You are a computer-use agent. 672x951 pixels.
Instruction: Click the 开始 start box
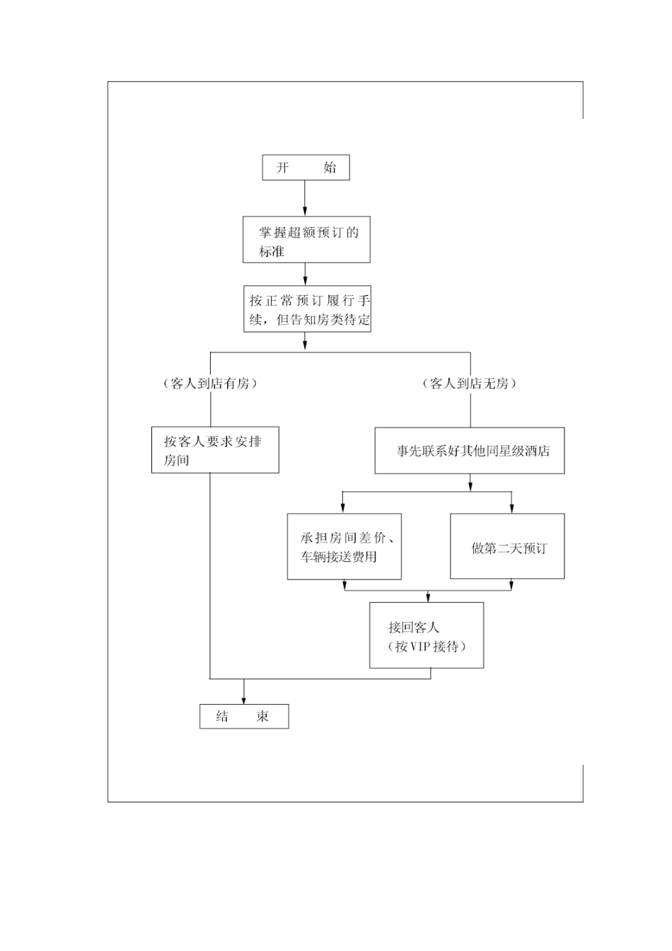click(306, 168)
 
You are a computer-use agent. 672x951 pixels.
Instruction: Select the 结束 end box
click(244, 716)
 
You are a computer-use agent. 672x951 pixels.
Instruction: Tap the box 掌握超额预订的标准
click(306, 241)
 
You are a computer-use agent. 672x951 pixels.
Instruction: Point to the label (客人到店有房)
click(209, 384)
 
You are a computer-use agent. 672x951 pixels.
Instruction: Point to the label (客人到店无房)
click(470, 384)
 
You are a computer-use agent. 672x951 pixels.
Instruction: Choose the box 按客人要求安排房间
click(215, 450)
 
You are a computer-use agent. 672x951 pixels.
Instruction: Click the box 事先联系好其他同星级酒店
click(470, 451)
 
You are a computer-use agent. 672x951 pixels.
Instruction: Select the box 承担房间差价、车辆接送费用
click(344, 547)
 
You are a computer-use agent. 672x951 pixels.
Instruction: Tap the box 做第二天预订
click(507, 547)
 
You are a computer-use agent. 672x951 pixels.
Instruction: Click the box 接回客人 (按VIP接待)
click(427, 635)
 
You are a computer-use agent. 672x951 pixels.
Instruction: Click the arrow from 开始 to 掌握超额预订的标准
click(305, 198)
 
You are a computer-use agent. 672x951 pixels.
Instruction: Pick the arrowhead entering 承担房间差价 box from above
click(343, 509)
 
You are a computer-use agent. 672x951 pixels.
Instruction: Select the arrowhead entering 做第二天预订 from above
click(511, 509)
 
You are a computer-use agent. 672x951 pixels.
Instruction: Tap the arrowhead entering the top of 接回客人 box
click(427, 598)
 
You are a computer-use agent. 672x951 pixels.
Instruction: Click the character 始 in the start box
click(330, 168)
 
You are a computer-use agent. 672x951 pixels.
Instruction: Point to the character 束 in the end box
click(262, 716)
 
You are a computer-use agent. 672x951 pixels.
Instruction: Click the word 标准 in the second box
click(272, 251)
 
